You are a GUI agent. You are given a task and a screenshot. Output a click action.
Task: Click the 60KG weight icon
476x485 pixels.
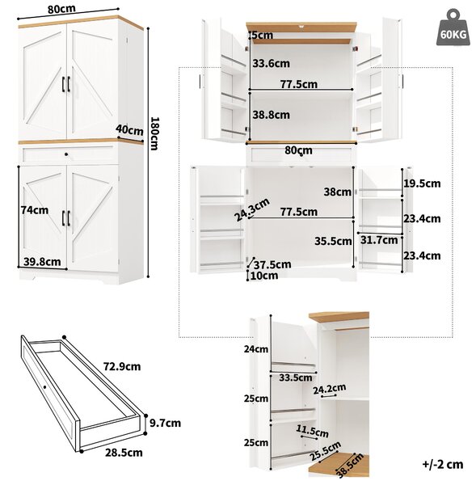tap(453, 27)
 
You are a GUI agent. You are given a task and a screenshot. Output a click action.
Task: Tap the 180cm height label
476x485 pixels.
tap(154, 133)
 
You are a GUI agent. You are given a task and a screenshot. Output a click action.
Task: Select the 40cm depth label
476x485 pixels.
tap(130, 130)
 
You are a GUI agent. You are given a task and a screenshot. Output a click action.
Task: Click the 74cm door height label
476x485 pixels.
tap(35, 210)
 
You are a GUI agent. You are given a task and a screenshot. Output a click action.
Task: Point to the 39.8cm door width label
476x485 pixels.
tap(42, 262)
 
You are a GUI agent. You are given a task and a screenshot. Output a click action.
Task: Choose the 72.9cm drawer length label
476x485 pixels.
tap(122, 366)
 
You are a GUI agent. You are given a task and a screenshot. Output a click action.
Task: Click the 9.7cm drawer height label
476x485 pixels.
tap(165, 423)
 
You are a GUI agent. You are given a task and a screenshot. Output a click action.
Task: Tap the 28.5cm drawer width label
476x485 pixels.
tap(124, 453)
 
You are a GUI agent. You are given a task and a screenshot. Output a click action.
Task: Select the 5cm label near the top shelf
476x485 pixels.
tap(263, 35)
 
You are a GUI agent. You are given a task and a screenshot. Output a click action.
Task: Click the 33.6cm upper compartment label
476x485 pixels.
tap(272, 63)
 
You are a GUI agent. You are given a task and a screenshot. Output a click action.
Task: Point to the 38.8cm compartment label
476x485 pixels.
tap(272, 115)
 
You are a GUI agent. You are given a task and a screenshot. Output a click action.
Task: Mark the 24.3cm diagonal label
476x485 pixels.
tap(252, 209)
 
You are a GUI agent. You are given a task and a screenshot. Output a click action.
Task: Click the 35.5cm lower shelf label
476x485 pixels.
tap(333, 241)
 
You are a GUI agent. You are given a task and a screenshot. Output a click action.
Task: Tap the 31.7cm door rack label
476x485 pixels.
tap(379, 240)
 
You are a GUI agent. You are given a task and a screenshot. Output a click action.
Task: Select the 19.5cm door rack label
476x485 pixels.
tap(422, 183)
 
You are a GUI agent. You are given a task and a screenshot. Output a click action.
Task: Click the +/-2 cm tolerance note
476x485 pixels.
tap(443, 464)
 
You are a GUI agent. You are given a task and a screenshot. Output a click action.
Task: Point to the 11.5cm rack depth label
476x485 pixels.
tap(312, 431)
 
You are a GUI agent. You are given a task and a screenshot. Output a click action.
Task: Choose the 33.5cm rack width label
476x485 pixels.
tap(295, 377)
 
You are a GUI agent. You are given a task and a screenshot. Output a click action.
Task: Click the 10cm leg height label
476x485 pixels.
tap(264, 276)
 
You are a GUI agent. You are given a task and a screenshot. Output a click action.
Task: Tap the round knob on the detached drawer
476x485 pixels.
tap(44, 387)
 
